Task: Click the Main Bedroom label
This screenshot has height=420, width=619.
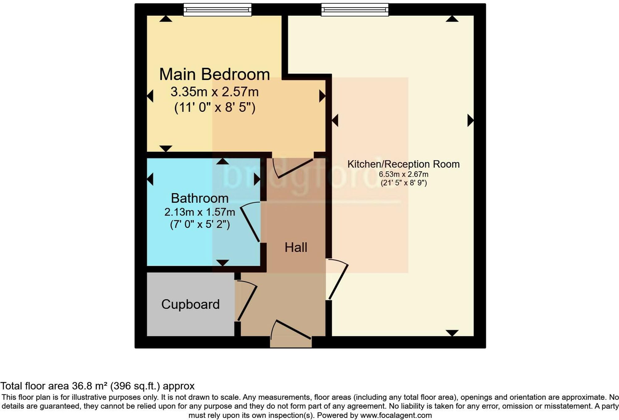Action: click(x=214, y=74)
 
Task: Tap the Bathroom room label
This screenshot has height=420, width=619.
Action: click(x=200, y=198)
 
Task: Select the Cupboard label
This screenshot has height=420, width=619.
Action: click(x=190, y=304)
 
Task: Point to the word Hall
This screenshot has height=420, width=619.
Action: click(x=296, y=248)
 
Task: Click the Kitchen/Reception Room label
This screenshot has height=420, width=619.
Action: click(x=403, y=164)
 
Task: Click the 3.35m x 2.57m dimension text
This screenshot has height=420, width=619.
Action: click(x=214, y=92)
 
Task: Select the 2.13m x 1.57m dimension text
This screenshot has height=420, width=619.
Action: click(x=200, y=212)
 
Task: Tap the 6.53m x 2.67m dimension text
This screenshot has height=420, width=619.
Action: click(x=404, y=174)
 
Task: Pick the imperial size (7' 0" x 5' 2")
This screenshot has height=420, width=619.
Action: click(x=200, y=224)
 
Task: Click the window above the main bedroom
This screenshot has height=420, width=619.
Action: click(x=217, y=10)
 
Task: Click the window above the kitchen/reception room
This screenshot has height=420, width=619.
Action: click(x=355, y=10)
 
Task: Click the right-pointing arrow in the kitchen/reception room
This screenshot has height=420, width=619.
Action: click(x=470, y=120)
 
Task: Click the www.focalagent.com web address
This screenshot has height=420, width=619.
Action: click(x=396, y=415)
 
